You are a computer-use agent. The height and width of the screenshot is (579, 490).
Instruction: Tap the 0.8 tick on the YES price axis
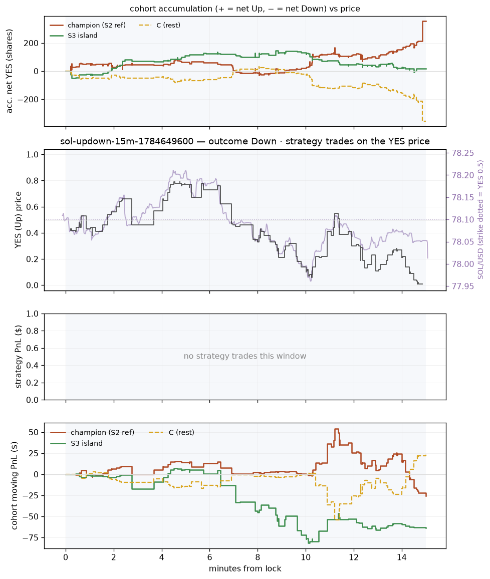33,181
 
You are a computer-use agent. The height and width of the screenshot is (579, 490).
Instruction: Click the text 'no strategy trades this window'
245,356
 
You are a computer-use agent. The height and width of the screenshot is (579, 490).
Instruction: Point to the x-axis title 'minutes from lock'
245,568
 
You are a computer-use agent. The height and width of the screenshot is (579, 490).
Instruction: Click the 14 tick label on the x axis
402,557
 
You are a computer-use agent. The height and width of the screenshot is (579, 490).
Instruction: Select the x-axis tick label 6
210,557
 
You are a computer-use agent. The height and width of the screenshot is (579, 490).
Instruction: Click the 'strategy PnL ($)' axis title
18,357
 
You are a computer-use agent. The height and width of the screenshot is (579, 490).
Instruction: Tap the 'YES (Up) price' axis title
18,220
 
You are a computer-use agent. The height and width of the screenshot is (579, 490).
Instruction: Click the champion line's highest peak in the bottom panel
336,429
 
